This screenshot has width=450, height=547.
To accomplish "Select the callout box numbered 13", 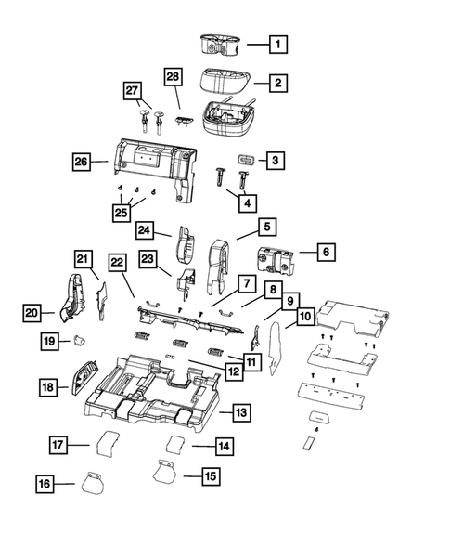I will pyautogui.click(x=239, y=410).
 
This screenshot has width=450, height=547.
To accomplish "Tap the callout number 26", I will pyautogui.click(x=83, y=162).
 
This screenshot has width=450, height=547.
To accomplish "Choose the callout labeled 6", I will pyautogui.click(x=302, y=252).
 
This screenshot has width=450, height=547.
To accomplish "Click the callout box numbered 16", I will pyautogui.click(x=45, y=484).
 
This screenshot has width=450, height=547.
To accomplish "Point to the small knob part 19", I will pyautogui.click(x=79, y=341).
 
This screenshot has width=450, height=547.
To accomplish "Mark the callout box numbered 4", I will pyautogui.click(x=248, y=201).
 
